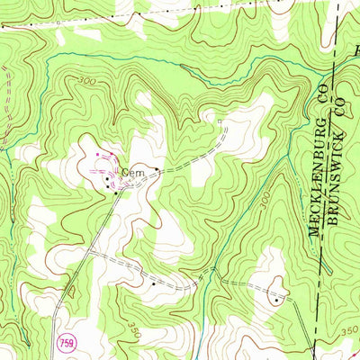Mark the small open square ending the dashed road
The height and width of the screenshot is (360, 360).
coord(220,118)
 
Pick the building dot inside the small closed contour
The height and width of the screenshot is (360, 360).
coord(276,301)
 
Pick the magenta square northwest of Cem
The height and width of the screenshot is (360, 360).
coord(100,157)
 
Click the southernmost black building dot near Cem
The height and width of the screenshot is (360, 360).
coord(114,191)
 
